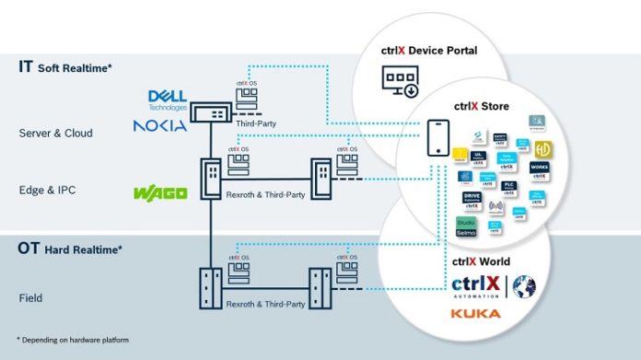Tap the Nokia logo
[x=160, y=124]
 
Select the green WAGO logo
[x=161, y=192]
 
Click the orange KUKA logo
[x=476, y=314]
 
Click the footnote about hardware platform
[x=73, y=341]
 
